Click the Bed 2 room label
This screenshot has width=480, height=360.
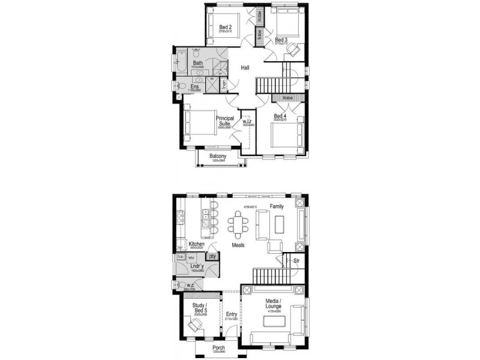pos(225,27)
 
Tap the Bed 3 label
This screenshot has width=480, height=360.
pos(281,40)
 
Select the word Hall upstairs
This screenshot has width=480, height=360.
pos(245,68)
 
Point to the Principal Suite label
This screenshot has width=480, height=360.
pos(225,121)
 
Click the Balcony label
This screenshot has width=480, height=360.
pos(218,157)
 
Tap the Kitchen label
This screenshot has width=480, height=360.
pos(197,244)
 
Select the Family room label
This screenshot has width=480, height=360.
pos(277,206)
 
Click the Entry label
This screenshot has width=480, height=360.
pos(231,313)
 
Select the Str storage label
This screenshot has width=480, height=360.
pos(296,261)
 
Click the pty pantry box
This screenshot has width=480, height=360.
pos(212,257)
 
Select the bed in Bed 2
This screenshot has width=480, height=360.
pos(226,24)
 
